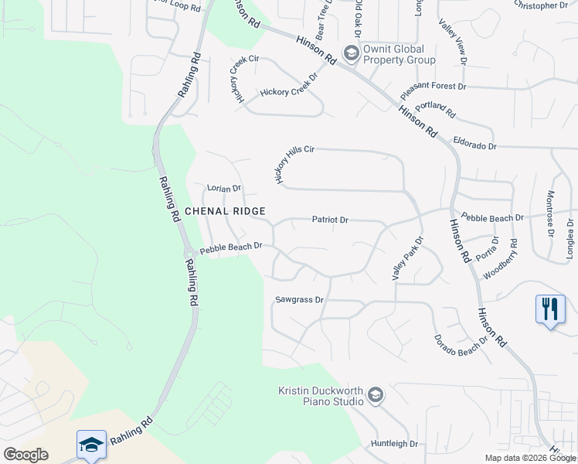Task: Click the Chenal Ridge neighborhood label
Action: [225, 211]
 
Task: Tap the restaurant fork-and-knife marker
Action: [549, 309]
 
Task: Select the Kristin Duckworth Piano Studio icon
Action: [375, 395]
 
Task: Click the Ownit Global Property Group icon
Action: [351, 53]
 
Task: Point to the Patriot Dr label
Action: [331, 220]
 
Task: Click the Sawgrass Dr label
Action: [299, 299]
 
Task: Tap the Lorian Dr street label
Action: [224, 188]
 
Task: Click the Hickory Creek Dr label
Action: [289, 91]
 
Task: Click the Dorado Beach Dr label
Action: [461, 338]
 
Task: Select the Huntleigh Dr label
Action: [394, 444]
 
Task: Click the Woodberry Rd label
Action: [500, 258]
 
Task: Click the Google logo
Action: [26, 455]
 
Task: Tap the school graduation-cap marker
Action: [91, 445]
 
